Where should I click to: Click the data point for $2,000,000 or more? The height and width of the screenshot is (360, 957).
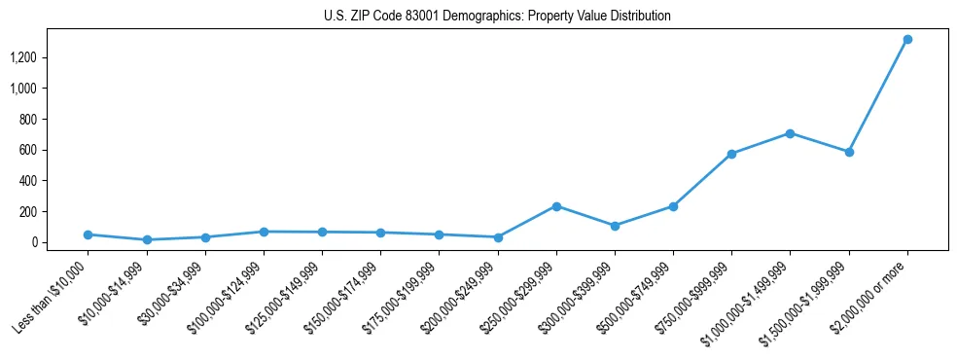(x=907, y=40)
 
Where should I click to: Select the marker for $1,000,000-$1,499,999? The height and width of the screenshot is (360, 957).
(x=790, y=133)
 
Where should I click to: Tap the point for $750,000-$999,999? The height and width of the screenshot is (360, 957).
(x=731, y=154)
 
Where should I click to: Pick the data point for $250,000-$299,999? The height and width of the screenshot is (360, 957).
(x=556, y=206)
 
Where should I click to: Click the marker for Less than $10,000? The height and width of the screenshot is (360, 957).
(x=88, y=234)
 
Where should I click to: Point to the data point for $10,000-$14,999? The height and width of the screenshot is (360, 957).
(x=147, y=239)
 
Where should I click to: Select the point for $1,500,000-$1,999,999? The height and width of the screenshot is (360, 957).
(x=849, y=152)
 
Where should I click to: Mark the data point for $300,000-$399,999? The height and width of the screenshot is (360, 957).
(x=615, y=226)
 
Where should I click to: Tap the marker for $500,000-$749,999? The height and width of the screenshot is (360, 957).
(x=673, y=206)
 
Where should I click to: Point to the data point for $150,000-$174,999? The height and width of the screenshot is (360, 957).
(x=380, y=233)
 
